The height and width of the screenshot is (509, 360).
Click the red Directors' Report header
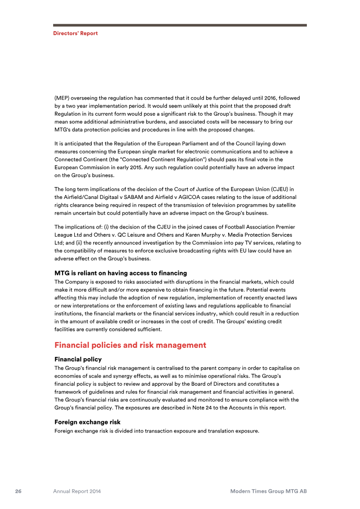[x=75, y=33]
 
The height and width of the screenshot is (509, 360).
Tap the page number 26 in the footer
[x=18, y=491]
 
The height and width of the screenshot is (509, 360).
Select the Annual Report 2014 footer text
[x=77, y=491]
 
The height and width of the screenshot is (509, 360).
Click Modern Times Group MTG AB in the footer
[x=268, y=491]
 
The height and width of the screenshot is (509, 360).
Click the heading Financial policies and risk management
[x=130, y=345]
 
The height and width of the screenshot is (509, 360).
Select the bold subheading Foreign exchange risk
[x=87, y=422]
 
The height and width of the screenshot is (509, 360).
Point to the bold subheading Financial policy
[x=78, y=360]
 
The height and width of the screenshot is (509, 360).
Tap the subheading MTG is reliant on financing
[x=120, y=273]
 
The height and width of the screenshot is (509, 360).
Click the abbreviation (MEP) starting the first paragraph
[x=62, y=98]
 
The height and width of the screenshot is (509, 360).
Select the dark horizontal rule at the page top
[x=180, y=25]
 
